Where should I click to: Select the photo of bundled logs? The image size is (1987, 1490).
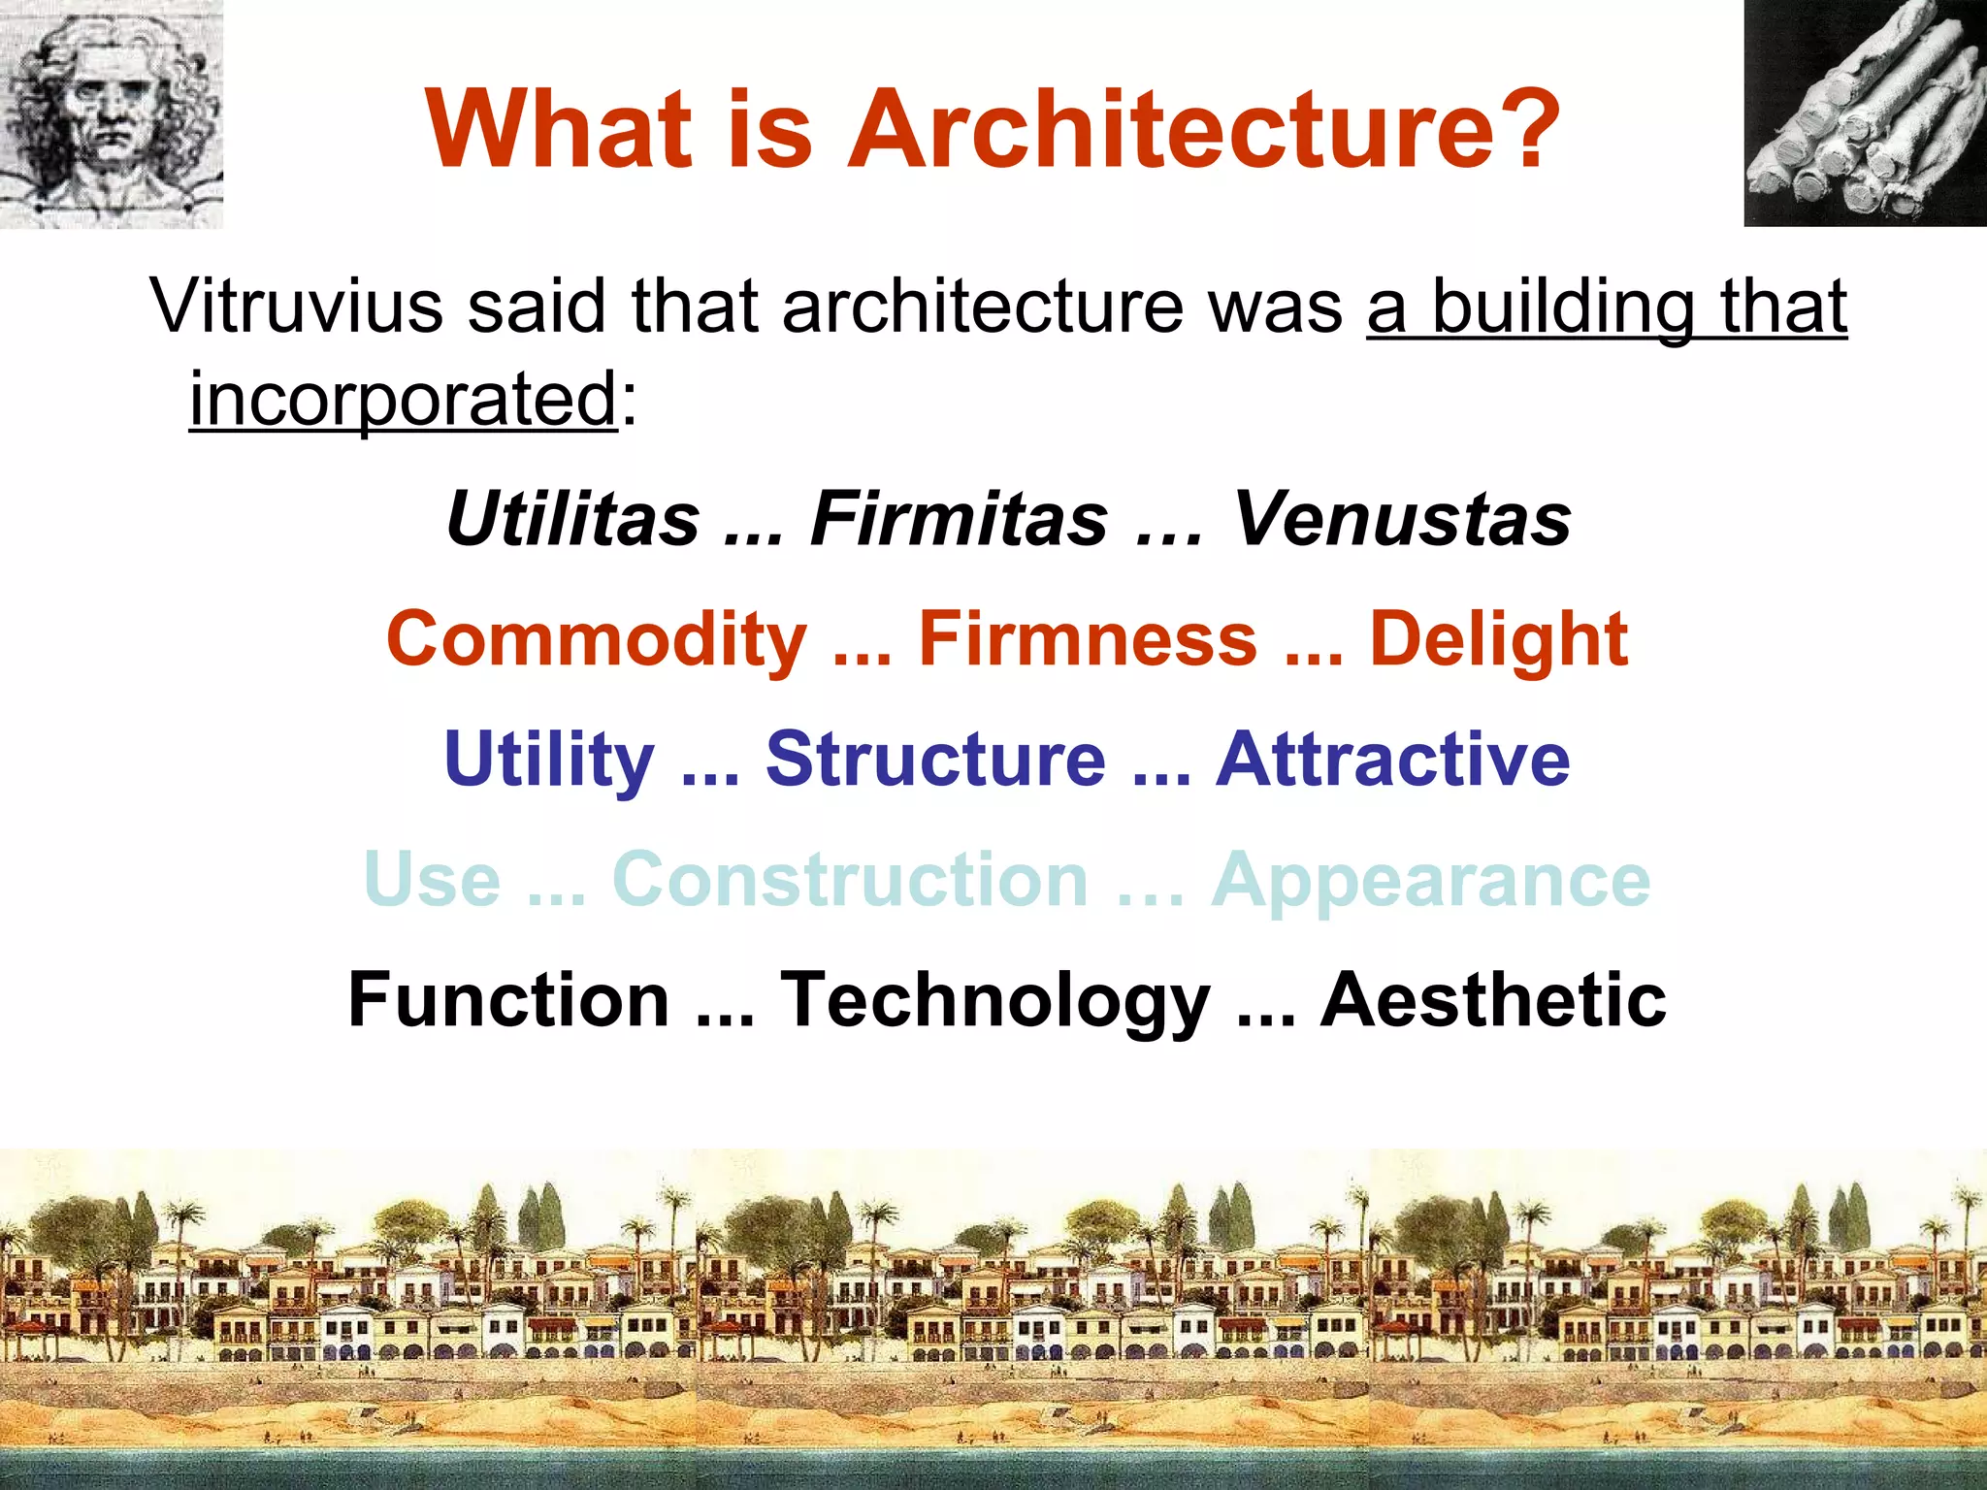tap(1865, 113)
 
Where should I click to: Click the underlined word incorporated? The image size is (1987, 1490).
tap(403, 400)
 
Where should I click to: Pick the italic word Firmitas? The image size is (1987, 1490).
tap(959, 519)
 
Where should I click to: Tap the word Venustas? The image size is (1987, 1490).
tap(1402, 519)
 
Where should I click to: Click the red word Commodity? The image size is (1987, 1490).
tap(597, 640)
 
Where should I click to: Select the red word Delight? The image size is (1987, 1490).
tap(1498, 640)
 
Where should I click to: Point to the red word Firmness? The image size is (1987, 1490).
tap(1087, 640)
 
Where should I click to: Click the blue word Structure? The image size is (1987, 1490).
tap(935, 759)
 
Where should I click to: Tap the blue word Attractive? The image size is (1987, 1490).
tap(1392, 759)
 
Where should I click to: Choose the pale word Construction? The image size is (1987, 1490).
tap(850, 880)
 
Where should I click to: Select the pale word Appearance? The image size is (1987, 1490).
tap(1431, 880)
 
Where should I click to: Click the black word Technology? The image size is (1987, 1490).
tap(995, 1000)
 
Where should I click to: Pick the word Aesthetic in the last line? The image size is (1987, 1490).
tap(1493, 1000)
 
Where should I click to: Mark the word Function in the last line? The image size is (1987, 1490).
tap(508, 1000)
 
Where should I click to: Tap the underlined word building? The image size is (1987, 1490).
tap(1563, 307)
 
